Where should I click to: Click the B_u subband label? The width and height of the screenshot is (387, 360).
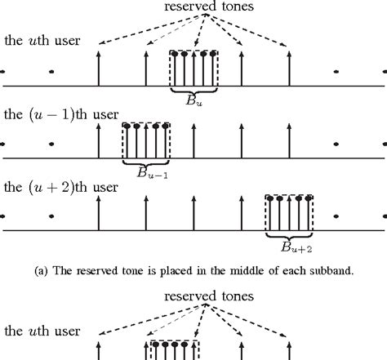[194, 102]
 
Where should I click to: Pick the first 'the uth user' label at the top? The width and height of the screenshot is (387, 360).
[42, 40]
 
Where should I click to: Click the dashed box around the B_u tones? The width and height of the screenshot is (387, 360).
[194, 67]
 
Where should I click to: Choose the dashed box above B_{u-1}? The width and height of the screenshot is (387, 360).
[145, 140]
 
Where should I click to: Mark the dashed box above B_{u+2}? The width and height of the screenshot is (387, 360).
[290, 214]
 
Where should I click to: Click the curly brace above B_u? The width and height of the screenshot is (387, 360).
[194, 90]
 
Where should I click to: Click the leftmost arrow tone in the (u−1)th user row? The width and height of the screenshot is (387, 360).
[98, 140]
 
